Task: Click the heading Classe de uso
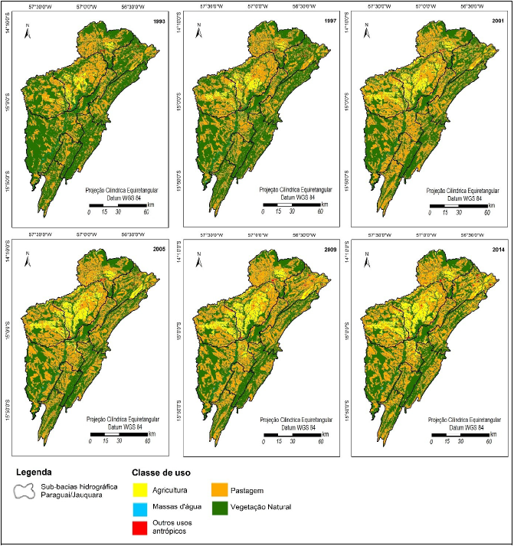pos(161,472)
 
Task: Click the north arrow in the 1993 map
pos(28,31)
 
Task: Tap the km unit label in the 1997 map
pos(325,204)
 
